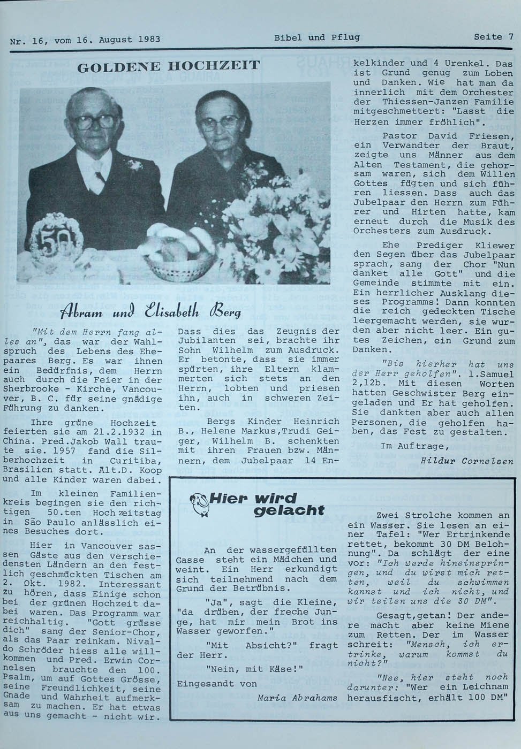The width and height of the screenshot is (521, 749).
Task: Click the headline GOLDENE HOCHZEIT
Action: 169,67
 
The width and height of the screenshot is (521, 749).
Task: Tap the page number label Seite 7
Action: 493,37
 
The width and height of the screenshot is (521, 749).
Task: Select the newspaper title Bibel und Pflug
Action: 316,37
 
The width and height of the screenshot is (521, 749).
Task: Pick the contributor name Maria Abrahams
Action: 297,698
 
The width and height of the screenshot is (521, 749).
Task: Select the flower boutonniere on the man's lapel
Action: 134,164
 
